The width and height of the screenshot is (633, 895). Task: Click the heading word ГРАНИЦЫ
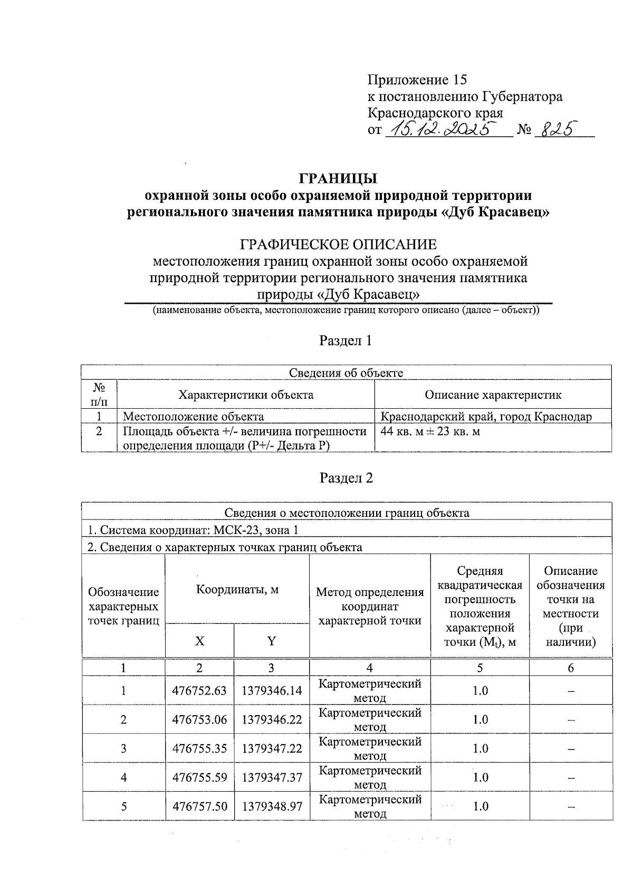pos(338,178)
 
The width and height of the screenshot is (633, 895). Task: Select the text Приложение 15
pos(417,80)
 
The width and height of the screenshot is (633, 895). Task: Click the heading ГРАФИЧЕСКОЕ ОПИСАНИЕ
pos(338,245)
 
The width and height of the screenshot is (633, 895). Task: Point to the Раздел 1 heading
pos(346,341)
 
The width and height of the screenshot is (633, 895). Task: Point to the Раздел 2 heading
pos(346,478)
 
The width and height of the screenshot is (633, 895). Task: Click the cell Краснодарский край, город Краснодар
pos(486,417)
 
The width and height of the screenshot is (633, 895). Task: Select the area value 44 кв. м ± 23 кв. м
pos(430,432)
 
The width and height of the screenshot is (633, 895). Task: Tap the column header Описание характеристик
pos(493,395)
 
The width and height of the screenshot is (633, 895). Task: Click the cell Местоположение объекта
pos(193,417)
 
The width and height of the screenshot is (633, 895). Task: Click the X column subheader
pos(199,641)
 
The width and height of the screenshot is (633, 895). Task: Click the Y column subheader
pos(271,641)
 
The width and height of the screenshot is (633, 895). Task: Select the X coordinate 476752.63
pos(199,691)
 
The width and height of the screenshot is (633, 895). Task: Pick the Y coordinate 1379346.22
pos(272,720)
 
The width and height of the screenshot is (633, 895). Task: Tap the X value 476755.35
pos(199,749)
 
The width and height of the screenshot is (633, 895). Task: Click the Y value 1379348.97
pos(272,806)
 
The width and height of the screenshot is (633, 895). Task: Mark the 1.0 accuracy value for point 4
pos(480,777)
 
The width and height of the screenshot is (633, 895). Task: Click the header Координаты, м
pos(237,590)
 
